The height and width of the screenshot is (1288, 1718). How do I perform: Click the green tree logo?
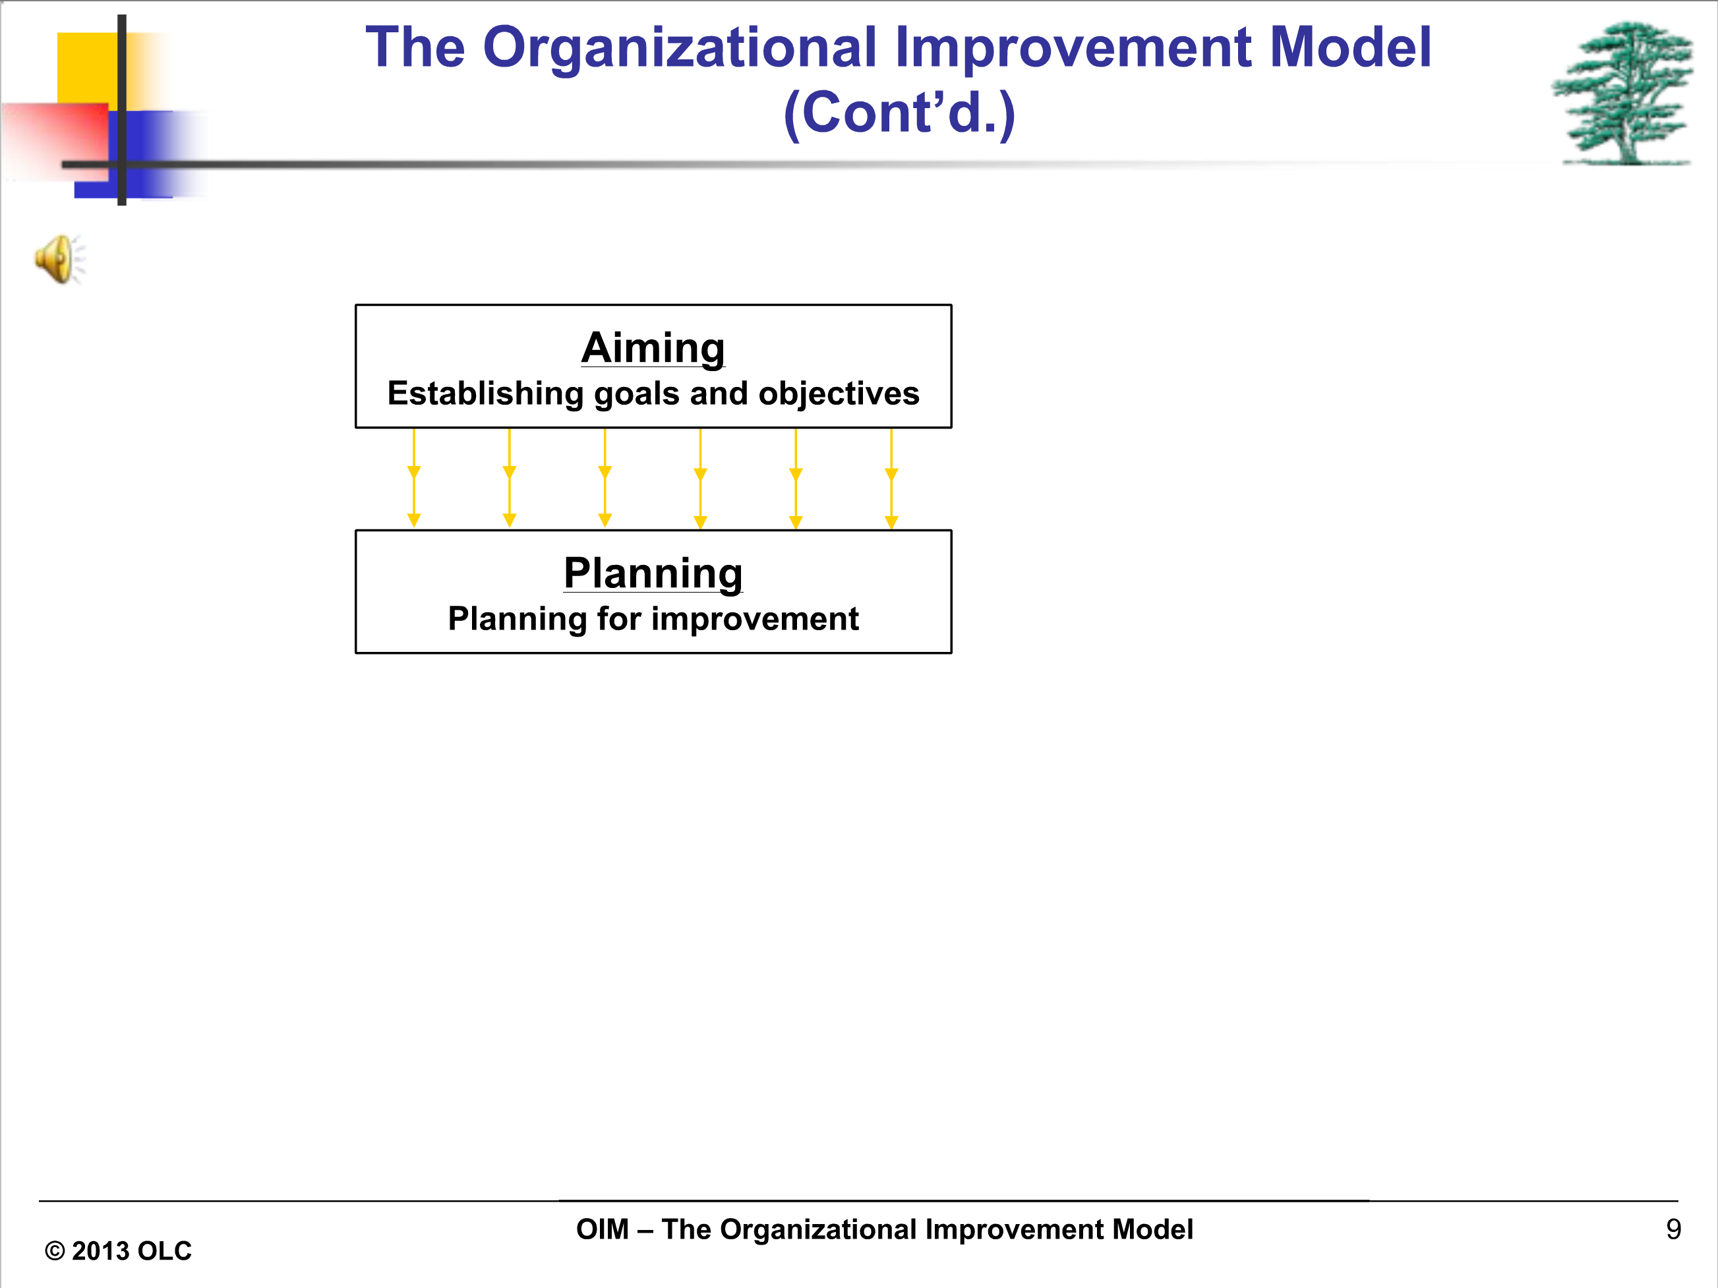point(1623,93)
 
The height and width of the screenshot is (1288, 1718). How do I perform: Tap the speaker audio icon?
point(60,259)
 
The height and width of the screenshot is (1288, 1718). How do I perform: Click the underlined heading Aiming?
point(653,348)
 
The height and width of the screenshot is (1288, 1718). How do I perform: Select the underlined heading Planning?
point(653,573)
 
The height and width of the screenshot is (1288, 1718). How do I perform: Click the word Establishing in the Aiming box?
point(485,394)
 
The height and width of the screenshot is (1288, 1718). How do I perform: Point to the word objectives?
point(839,394)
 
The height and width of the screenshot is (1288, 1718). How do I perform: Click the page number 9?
point(1674,1229)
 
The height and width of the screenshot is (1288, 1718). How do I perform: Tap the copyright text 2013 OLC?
point(131,1250)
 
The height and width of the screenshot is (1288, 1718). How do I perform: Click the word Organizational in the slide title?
point(680,48)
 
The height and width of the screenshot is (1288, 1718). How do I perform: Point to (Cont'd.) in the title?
point(899,113)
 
